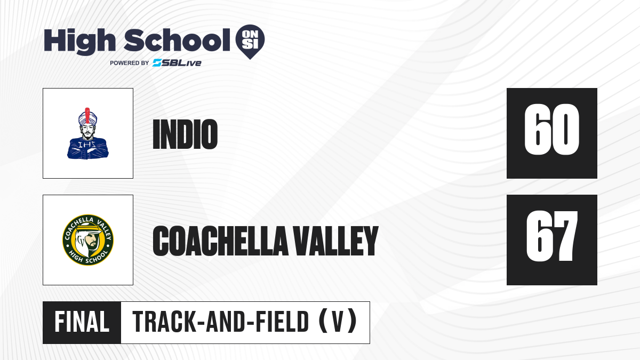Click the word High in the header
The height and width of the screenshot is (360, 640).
[79, 41]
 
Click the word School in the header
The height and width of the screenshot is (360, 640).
[177, 40]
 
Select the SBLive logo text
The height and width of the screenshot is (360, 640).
[177, 63]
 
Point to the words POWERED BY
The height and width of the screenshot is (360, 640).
[130, 63]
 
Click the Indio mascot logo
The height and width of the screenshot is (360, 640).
[87, 133]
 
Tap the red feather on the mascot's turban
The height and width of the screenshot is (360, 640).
[87, 115]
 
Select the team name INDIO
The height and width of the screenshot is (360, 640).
[185, 134]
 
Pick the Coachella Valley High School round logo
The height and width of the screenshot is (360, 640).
[88, 240]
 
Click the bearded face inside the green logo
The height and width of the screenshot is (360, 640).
[91, 242]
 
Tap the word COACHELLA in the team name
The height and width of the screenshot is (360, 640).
[220, 241]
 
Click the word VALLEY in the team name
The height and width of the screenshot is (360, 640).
[336, 241]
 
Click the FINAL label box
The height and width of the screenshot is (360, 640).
[82, 323]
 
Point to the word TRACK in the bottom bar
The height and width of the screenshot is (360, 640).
[164, 322]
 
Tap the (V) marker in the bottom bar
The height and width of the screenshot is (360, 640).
[338, 322]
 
